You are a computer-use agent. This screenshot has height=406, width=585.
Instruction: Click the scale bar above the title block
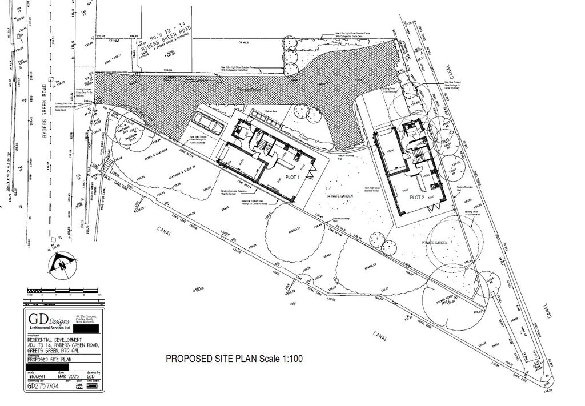(63, 294)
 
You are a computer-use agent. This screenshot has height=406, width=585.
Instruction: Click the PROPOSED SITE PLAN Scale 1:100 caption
(234, 359)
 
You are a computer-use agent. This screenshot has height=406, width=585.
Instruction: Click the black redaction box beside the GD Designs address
(91, 329)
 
